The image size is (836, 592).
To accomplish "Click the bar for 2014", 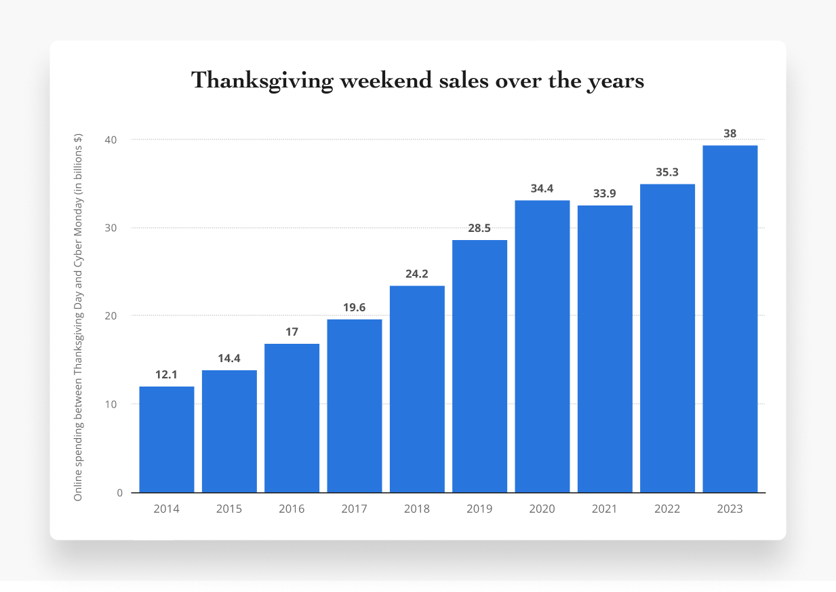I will (167, 439).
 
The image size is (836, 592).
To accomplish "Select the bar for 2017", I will (355, 406).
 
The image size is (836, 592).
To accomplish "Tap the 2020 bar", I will (542, 346).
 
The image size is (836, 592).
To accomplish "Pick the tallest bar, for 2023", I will (730, 319).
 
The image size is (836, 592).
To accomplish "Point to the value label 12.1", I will (167, 374).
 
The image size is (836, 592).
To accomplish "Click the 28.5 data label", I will (479, 228).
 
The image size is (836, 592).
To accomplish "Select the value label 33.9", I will (605, 193).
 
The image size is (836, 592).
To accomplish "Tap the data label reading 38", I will (730, 134).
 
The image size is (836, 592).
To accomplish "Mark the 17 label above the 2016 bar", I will (292, 332).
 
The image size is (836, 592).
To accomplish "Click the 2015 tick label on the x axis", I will (229, 509).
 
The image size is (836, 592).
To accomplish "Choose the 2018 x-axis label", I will (417, 509).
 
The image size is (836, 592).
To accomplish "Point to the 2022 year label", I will (667, 509).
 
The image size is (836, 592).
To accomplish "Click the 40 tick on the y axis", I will (110, 140).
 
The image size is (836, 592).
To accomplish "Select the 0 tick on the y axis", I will (119, 493).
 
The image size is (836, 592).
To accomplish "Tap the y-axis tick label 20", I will (110, 316).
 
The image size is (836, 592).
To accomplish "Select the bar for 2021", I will (605, 349).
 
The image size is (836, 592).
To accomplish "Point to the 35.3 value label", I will (667, 172).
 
